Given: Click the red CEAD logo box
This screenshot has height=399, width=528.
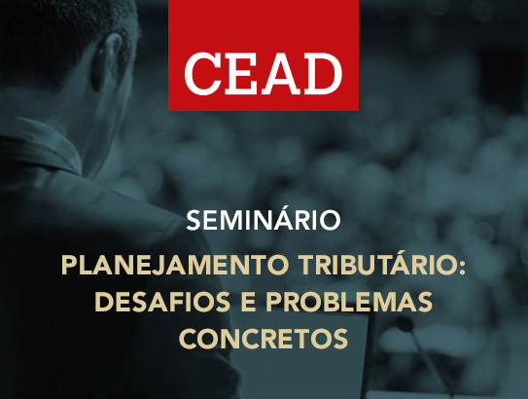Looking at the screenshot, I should [264, 55].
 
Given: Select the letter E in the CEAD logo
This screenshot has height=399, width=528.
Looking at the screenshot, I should [241, 70].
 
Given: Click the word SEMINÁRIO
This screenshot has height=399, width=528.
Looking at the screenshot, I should [264, 220].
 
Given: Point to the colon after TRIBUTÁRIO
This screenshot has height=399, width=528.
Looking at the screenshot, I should [463, 267].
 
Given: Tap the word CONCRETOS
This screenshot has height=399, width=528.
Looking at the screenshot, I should [264, 341].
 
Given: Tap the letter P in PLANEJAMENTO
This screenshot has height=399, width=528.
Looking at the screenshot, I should [68, 265].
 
